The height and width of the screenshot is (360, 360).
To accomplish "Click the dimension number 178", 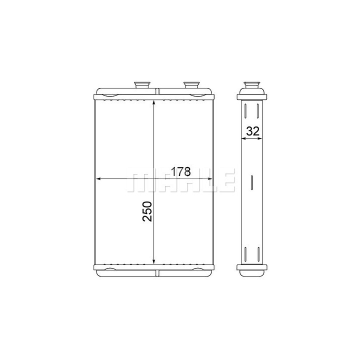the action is pyautogui.click(x=181, y=171).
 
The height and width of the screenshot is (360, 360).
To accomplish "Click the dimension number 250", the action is pyautogui.click(x=147, y=211).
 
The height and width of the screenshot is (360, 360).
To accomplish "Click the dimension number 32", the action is pyautogui.click(x=253, y=131).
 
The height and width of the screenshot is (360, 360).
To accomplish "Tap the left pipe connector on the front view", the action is pyautogui.click(x=142, y=84).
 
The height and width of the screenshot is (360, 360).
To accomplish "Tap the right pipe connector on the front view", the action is pyautogui.click(x=191, y=84).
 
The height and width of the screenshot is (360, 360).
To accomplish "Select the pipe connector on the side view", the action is pyautogui.click(x=252, y=84).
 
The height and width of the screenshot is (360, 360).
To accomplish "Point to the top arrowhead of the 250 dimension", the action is pyautogui.click(x=154, y=103).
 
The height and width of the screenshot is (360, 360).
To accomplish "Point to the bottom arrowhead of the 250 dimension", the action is pyautogui.click(x=154, y=261).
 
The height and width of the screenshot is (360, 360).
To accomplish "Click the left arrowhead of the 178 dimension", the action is pyautogui.click(x=98, y=179).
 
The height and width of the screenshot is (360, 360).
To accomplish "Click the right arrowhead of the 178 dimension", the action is pyautogui.click(x=209, y=179).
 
